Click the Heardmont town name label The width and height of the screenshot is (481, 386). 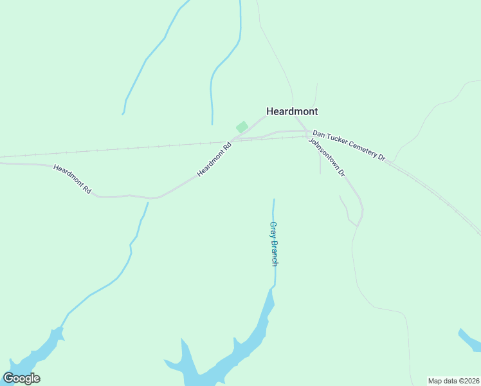[x=292, y=111]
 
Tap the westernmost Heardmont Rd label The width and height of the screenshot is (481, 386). [x=73, y=180]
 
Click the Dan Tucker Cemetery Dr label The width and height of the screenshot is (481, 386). [x=349, y=147]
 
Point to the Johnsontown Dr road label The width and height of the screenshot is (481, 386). [x=327, y=158]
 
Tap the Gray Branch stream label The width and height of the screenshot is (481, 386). [x=274, y=244]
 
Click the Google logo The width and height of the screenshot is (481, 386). [x=21, y=378]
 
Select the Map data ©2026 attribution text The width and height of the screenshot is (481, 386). [x=453, y=381]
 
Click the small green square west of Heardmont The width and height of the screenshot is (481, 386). [x=242, y=127]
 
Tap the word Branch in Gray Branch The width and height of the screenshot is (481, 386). [x=274, y=252]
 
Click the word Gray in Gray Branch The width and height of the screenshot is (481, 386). [x=273, y=228]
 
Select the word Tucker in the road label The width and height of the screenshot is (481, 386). [x=334, y=142]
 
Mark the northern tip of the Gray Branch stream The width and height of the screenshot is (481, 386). [x=274, y=200]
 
